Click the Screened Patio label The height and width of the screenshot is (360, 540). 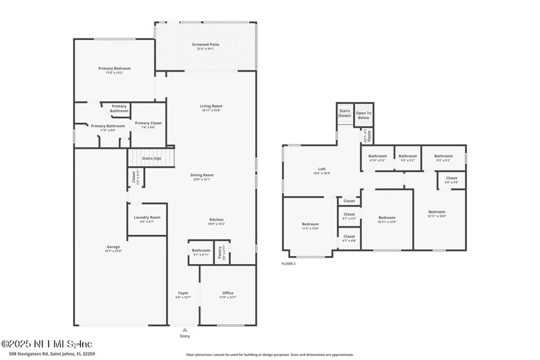click(205, 45)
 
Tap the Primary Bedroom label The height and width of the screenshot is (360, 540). click(114, 68)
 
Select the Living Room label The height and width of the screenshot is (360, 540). click(211, 106)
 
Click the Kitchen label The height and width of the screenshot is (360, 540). click(216, 220)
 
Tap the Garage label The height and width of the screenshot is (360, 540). click(113, 247)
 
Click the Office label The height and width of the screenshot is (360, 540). click(227, 293)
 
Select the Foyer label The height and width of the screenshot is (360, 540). click(183, 293)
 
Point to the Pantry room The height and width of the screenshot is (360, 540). click(221, 253)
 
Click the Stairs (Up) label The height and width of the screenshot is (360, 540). click(151, 158)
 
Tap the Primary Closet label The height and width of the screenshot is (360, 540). click(148, 123)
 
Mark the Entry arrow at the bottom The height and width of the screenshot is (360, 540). click(185, 330)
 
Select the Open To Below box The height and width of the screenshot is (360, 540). click(364, 115)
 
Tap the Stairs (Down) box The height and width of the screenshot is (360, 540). click(344, 113)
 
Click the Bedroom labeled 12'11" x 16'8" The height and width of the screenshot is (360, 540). click(436, 213)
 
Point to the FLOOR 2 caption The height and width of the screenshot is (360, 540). click(288, 263)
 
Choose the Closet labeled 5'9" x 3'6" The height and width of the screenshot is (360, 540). click(451, 179)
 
